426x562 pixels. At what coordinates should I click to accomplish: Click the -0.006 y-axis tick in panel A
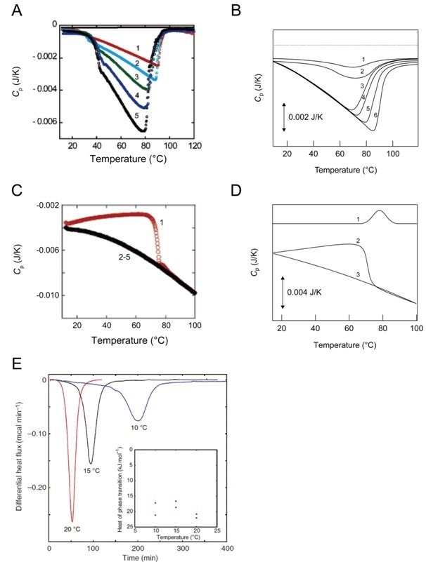tap(42, 122)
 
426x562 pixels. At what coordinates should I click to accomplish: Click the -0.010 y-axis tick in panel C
tap(46, 295)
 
